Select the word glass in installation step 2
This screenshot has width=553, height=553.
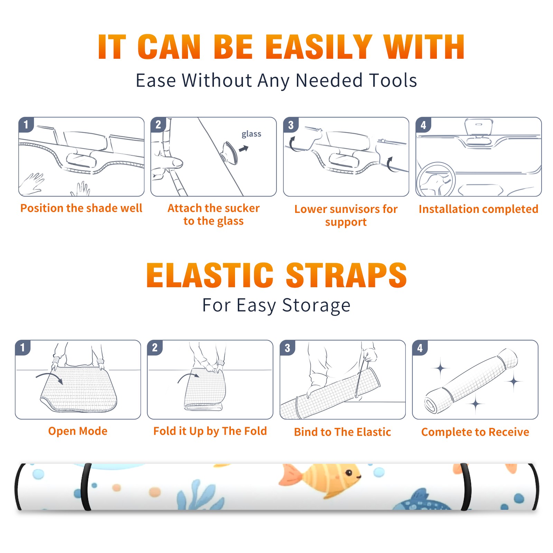[251, 134]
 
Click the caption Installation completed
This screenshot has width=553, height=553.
[478, 209]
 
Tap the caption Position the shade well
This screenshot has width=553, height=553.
[81, 208]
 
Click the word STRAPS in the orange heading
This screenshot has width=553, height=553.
[346, 275]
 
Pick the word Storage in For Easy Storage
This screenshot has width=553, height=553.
[316, 306]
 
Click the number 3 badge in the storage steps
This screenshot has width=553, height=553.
[288, 348]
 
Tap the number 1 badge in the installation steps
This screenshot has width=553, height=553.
[26, 124]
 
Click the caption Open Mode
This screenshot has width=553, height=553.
[78, 431]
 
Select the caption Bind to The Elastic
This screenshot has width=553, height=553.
[343, 432]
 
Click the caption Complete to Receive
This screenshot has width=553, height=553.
[475, 432]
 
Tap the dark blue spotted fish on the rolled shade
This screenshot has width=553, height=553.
[422, 501]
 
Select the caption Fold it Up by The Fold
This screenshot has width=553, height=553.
[210, 431]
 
